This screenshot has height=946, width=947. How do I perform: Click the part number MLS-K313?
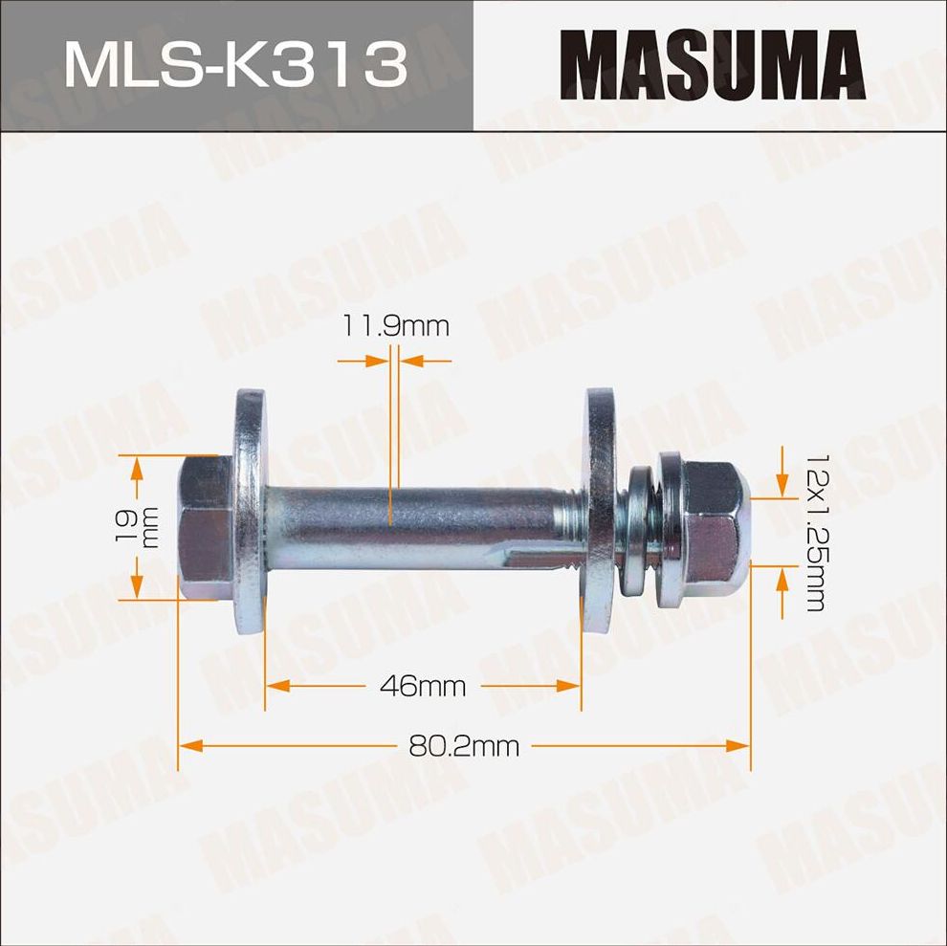(235, 66)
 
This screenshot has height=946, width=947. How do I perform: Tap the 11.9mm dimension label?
(395, 326)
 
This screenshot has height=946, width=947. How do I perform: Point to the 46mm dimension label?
(422, 685)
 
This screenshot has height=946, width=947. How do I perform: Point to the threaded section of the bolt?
(572, 524)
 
